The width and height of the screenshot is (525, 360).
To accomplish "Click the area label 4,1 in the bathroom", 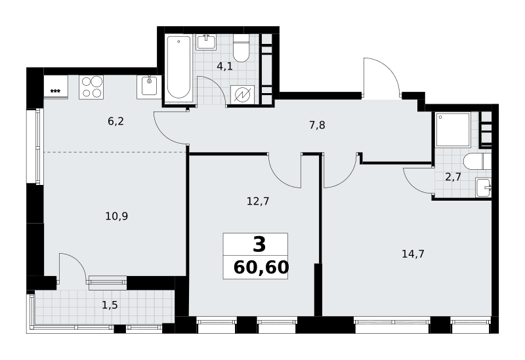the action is pyautogui.click(x=224, y=66).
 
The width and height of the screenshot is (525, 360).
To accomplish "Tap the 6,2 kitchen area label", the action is pyautogui.click(x=116, y=121).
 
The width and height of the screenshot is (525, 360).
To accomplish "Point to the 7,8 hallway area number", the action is pyautogui.click(x=317, y=125).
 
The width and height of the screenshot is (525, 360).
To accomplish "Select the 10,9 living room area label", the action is pyautogui.click(x=117, y=216).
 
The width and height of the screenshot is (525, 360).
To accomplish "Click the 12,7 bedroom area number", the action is pyautogui.click(x=258, y=201).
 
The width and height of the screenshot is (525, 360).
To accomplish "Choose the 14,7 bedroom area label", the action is pyautogui.click(x=413, y=254).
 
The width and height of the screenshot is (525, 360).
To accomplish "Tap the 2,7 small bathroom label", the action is pyautogui.click(x=453, y=176).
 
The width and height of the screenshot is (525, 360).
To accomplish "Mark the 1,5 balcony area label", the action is pyautogui.click(x=110, y=305).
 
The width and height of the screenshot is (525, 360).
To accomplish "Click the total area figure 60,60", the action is pyautogui.click(x=261, y=268).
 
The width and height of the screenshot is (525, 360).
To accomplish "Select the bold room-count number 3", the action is pyautogui.click(x=259, y=244).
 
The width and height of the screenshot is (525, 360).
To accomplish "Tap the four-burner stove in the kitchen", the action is pyautogui.click(x=91, y=87).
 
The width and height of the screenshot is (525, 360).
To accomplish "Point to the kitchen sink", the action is pyautogui.click(x=149, y=87).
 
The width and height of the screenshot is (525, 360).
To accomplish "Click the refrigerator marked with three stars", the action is pyautogui.click(x=56, y=87).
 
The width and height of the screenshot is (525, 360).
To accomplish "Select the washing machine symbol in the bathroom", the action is pyautogui.click(x=242, y=95).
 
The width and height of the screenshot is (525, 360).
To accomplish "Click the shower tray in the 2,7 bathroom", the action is pyautogui.click(x=453, y=129).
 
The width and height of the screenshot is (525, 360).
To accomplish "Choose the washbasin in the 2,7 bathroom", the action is pyautogui.click(x=483, y=188).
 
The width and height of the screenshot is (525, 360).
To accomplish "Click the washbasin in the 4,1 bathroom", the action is pyautogui.click(x=205, y=42).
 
